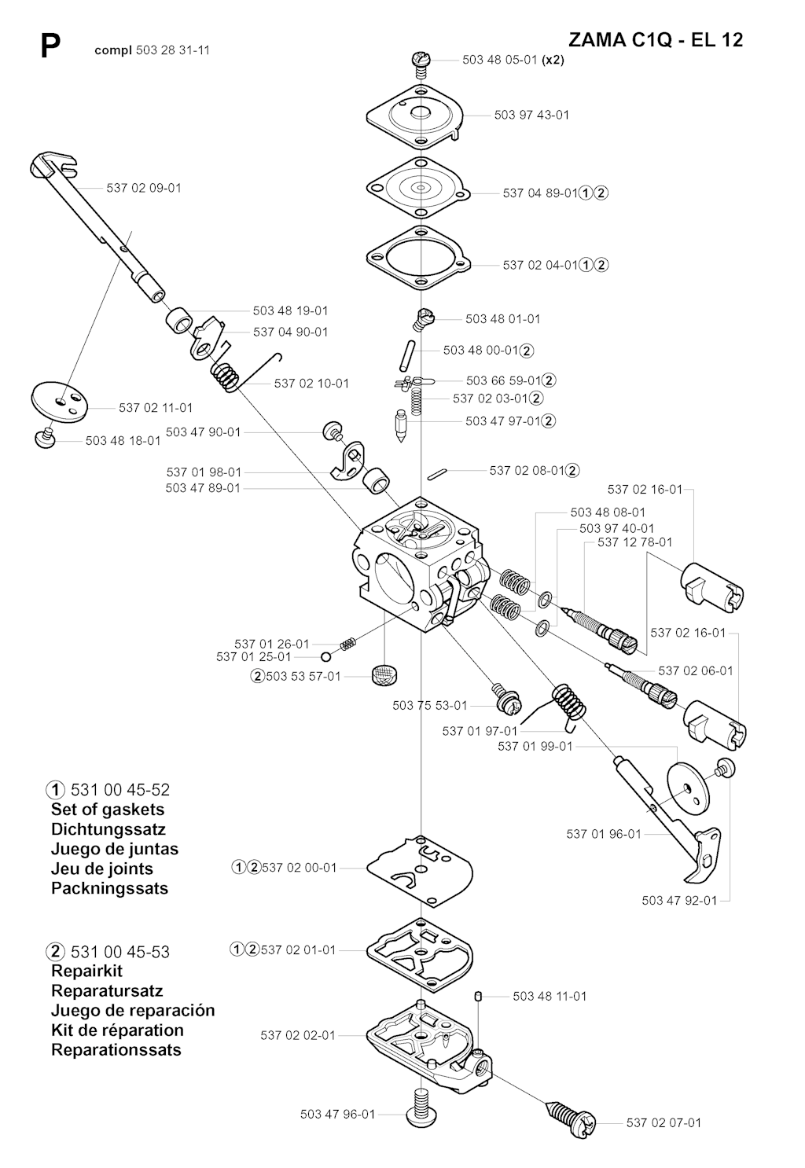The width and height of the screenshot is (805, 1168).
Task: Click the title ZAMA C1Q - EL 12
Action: (x=656, y=39)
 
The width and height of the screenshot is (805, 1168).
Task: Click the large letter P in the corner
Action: (x=50, y=47)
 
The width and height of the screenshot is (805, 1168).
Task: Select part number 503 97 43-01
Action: (x=531, y=115)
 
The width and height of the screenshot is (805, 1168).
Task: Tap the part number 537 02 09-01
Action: (x=144, y=188)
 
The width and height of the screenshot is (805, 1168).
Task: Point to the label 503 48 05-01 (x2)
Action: (x=513, y=60)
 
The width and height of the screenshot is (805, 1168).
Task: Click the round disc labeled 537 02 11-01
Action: (x=59, y=404)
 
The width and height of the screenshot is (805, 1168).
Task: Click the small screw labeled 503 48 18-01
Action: (x=46, y=439)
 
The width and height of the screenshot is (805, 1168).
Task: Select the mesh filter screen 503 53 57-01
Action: (x=384, y=675)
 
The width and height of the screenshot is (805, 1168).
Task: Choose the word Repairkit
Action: (x=86, y=971)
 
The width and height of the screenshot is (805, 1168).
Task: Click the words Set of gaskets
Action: (x=108, y=810)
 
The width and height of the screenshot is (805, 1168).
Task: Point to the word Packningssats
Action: (x=109, y=888)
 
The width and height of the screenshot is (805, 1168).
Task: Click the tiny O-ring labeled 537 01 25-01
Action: (x=326, y=656)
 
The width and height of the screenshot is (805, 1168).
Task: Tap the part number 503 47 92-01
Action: (x=679, y=901)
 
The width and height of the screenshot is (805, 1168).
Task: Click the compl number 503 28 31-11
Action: (x=173, y=50)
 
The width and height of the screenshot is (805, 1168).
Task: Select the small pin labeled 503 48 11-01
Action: (x=476, y=997)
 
